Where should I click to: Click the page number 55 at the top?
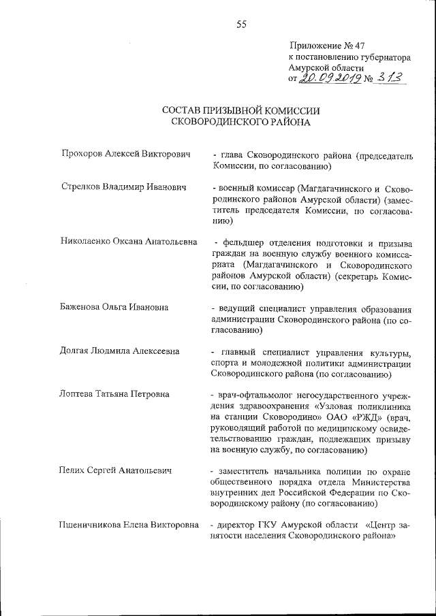(x=241, y=25)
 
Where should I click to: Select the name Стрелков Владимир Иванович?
(x=123, y=187)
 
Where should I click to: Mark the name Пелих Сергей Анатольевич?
(x=115, y=470)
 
